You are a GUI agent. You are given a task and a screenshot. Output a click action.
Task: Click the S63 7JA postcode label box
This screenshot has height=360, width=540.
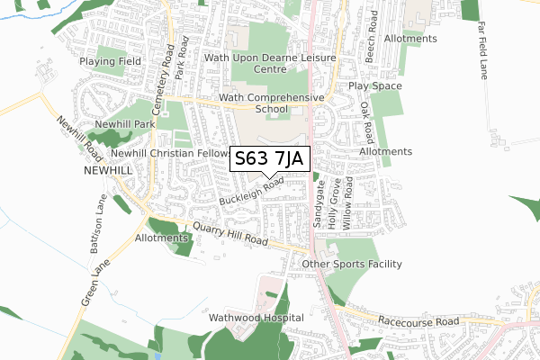click(271, 159)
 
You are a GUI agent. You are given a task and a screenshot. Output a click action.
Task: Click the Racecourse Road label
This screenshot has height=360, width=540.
click(418, 321)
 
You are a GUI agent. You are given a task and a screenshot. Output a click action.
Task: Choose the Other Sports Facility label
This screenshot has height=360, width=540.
click(352, 264)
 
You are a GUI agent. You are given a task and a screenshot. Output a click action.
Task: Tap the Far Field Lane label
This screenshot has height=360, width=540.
click(483, 52)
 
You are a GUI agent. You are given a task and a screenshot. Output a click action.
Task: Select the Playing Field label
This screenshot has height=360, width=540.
click(110, 61)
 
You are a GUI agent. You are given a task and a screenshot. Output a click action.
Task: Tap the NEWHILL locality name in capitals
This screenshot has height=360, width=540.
click(107, 169)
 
